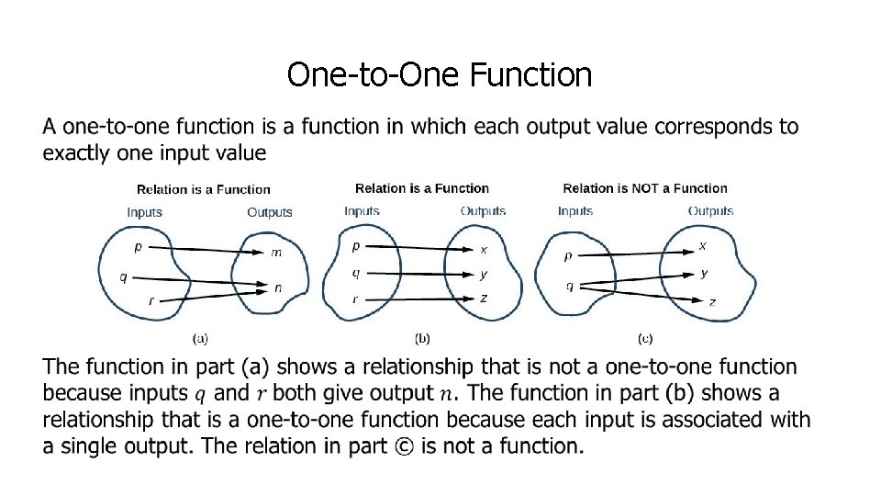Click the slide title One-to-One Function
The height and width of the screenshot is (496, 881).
tap(440, 74)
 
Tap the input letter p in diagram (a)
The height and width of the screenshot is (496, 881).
tap(139, 246)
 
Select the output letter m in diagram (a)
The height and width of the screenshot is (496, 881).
tap(277, 253)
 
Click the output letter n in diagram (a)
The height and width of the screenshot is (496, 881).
tap(278, 287)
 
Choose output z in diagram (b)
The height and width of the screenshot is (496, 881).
tap(484, 298)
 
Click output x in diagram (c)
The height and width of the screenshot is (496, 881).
tap(703, 245)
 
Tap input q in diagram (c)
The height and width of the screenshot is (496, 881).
tap(570, 286)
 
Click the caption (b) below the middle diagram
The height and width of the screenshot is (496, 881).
tap(423, 337)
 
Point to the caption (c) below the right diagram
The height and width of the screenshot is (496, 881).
tap(646, 337)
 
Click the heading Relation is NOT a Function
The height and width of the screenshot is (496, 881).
tap(645, 188)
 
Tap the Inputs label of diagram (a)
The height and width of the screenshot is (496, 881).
tap(145, 212)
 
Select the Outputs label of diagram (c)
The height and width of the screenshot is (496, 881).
tap(710, 211)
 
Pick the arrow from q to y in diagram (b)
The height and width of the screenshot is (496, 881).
tap(422, 273)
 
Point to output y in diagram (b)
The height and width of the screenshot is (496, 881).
tap(484, 274)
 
